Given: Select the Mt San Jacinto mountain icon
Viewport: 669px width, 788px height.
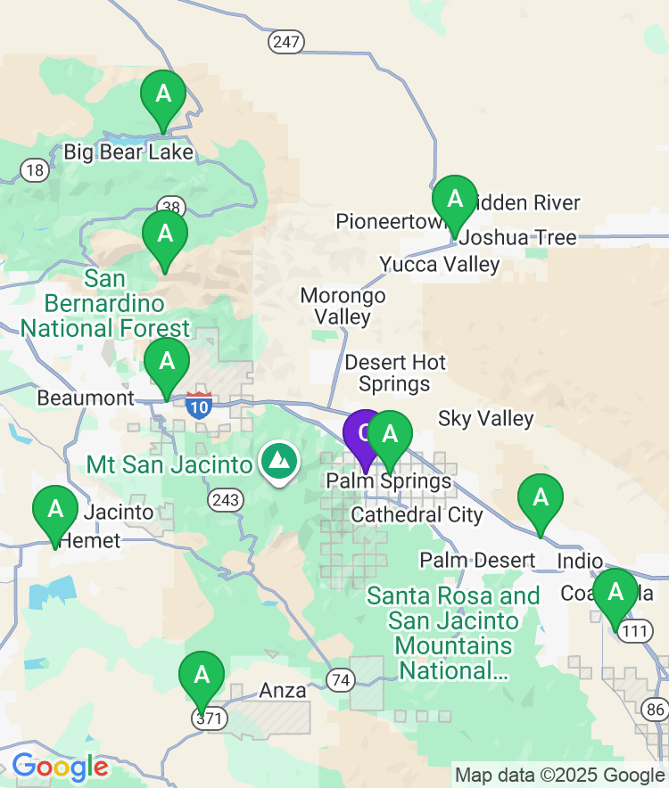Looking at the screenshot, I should click(279, 461).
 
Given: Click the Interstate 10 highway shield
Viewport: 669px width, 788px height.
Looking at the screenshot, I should click(200, 406).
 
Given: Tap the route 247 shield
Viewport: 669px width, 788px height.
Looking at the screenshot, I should click(286, 42).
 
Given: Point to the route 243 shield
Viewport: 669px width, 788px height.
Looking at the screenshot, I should click(226, 500).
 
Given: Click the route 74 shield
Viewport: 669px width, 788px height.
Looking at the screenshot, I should click(340, 679).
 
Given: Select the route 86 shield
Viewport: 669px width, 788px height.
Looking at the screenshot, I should click(655, 710).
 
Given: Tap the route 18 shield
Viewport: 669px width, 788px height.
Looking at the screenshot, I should click(35, 170).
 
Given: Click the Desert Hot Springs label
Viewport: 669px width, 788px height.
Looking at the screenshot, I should click(395, 373).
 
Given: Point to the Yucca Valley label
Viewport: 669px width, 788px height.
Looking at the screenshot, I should click(440, 265).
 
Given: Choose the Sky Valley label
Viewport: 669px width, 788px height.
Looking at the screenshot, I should click(486, 419).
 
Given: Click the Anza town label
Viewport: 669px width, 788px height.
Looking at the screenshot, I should click(283, 691).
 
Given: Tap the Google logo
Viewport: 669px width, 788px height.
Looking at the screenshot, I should click(60, 767).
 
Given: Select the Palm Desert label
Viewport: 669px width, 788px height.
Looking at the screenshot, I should click(478, 561).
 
